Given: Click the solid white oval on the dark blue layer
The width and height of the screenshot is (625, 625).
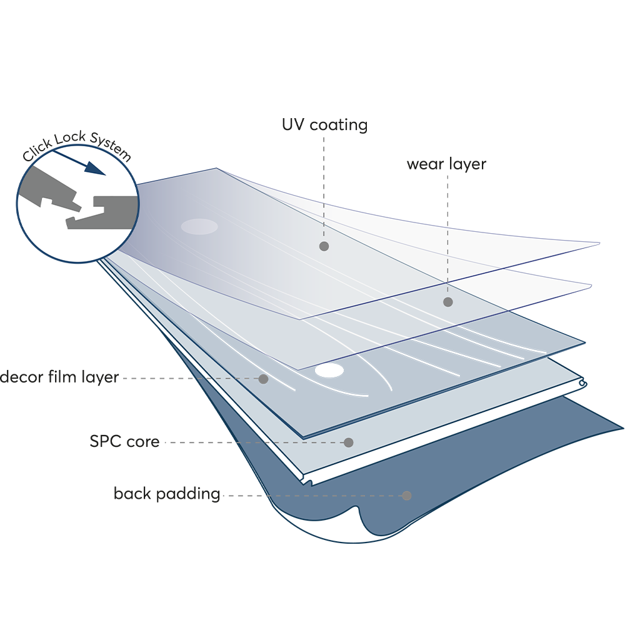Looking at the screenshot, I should [x=329, y=371].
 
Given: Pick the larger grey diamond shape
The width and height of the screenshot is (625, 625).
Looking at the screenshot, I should [x=326, y=164].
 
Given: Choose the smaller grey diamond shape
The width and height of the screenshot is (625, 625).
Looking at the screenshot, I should [x=448, y=198].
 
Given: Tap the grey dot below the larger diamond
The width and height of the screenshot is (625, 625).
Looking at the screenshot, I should [x=324, y=246].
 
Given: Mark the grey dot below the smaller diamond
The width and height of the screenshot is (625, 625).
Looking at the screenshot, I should [x=447, y=302].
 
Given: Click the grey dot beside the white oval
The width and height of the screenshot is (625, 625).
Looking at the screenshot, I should [x=263, y=379].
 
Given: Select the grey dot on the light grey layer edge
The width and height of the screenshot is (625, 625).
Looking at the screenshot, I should [x=349, y=442].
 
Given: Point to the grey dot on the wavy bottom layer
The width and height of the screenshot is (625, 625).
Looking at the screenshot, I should [x=407, y=496].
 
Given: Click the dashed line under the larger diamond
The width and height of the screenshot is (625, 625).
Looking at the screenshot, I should [x=324, y=219].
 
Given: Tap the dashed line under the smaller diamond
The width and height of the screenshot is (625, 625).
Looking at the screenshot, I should [x=447, y=262].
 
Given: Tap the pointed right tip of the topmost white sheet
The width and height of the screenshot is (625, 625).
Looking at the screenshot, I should [x=597, y=243].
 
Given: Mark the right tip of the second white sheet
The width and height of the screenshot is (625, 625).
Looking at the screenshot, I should [x=589, y=286].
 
